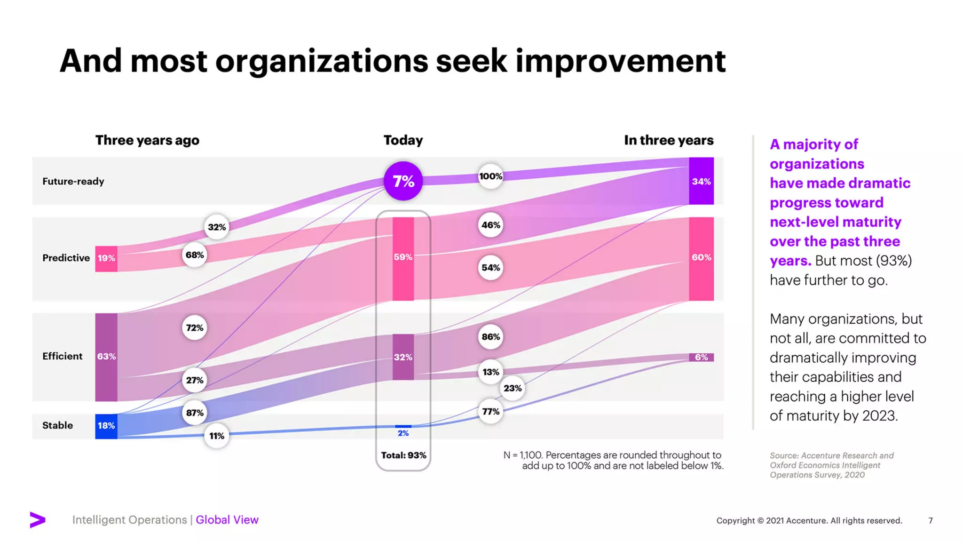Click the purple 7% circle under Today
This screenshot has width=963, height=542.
click(x=403, y=181)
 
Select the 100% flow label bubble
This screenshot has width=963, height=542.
click(x=490, y=176)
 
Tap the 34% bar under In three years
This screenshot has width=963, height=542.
click(x=701, y=181)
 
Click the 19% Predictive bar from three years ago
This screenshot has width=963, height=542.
click(x=106, y=258)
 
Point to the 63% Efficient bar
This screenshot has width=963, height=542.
click(x=106, y=357)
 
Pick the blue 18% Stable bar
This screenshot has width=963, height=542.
click(x=106, y=426)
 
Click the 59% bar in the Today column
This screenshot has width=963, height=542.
click(x=403, y=258)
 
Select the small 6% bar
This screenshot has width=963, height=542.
click(x=701, y=357)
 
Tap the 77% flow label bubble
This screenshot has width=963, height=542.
click(x=490, y=412)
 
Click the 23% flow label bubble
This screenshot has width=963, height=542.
click(x=512, y=388)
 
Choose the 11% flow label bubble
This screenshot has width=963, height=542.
click(x=216, y=436)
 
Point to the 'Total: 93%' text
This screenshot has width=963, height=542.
click(x=403, y=455)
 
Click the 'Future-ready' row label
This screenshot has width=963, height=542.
click(x=73, y=182)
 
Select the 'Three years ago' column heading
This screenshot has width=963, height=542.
click(x=147, y=140)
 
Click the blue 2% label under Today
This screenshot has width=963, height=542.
click(x=403, y=433)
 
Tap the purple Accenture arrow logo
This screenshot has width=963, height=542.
click(x=38, y=519)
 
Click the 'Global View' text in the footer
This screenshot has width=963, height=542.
click(x=227, y=520)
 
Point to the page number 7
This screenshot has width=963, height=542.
click(x=930, y=520)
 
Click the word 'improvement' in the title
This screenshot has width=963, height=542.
click(x=620, y=61)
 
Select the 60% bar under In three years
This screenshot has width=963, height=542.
click(x=701, y=258)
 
